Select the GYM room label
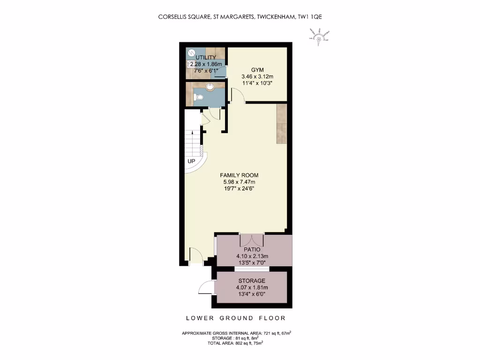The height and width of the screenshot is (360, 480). coord(257,69)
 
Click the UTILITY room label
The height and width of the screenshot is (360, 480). coord(206,58)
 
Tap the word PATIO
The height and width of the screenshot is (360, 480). coord(252,249)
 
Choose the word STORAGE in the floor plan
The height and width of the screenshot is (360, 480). coord(252,281)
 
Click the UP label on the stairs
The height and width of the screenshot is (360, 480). coord(191,161)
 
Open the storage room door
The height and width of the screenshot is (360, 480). coord(206,287)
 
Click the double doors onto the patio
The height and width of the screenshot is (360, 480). coord(252,240)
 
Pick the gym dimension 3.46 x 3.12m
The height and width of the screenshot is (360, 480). coord(257,76)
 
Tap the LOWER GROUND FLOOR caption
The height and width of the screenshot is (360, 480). coord(236,318)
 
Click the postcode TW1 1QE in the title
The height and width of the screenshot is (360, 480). coord(310,17)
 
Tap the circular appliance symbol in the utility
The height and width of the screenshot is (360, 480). coord(191,52)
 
